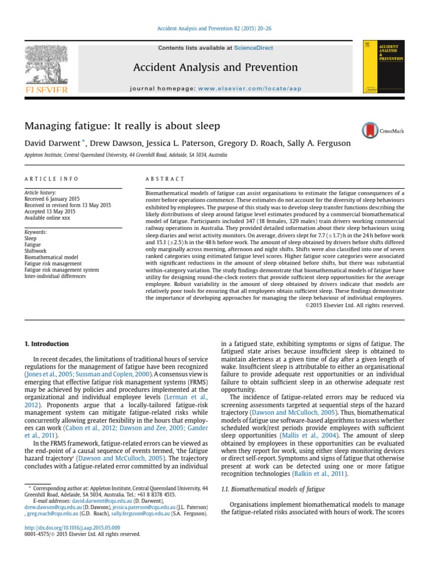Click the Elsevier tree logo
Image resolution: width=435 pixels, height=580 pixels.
tap(45, 67)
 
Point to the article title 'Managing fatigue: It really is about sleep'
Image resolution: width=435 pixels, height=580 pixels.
tap(121, 125)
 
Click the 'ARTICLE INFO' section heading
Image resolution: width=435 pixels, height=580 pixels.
tap(52, 179)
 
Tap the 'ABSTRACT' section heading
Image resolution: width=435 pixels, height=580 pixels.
tap(165, 179)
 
